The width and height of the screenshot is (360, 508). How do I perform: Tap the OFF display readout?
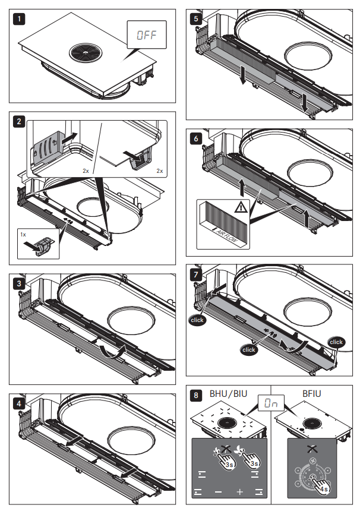click(146, 35)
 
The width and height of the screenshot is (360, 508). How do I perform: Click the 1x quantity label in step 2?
click(24, 235)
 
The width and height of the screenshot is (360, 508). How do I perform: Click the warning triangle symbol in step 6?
click(241, 207)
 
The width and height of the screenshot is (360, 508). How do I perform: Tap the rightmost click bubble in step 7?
click(336, 342)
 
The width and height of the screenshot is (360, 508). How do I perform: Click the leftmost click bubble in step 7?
click(197, 320)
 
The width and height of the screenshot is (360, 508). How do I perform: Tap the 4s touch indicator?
click(322, 488)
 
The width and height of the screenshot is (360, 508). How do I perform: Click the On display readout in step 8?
click(271, 403)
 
